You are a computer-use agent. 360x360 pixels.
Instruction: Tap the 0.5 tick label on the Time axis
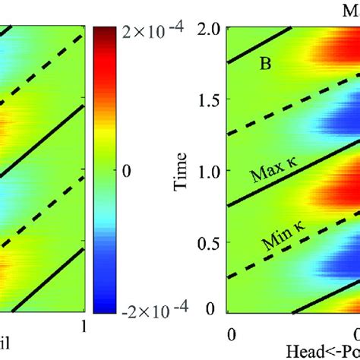coord(207,241)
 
